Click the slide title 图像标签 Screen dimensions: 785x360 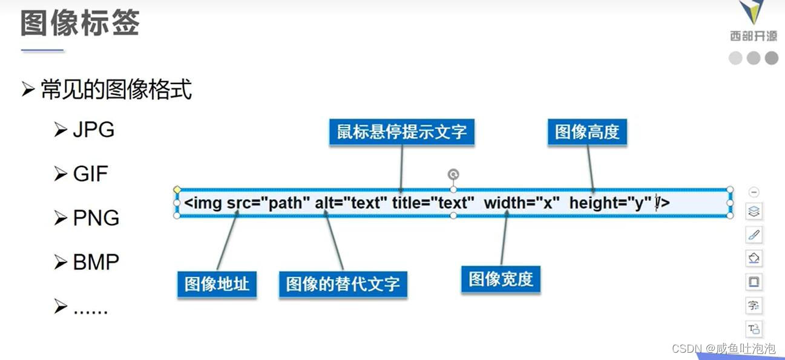80,24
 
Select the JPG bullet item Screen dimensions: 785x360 93,130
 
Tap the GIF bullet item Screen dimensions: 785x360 90,174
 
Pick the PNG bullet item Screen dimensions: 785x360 96,218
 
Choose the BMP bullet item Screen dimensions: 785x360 96,263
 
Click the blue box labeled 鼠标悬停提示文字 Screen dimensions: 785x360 402,132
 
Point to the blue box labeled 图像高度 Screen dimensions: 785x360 587,132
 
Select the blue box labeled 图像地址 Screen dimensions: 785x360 217,284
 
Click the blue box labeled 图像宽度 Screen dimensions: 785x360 501,279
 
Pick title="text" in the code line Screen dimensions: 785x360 430,203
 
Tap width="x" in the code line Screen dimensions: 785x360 522,203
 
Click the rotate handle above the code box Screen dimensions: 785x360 453,175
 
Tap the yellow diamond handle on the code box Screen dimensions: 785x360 177,190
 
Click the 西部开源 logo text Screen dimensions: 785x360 753,36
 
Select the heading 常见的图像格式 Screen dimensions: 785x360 116,90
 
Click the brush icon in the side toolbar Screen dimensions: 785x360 754,235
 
